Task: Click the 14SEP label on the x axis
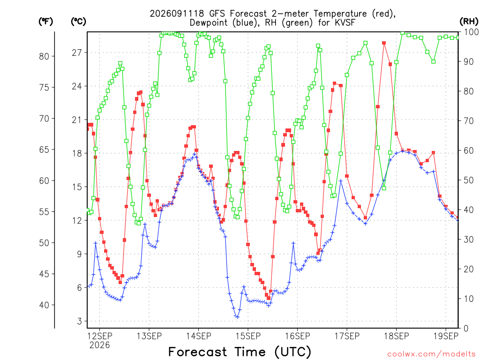pyautogui.click(x=198, y=336)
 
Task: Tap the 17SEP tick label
pyautogui.click(x=347, y=336)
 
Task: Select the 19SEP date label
pyautogui.click(x=446, y=336)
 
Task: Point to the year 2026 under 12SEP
pyautogui.click(x=99, y=345)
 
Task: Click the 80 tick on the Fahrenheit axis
pyautogui.click(x=44, y=56)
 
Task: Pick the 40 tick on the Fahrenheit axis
pyautogui.click(x=44, y=305)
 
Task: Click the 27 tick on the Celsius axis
pyautogui.click(x=77, y=52)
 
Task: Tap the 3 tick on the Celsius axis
pyautogui.click(x=80, y=321)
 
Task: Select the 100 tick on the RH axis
pyautogui.click(x=471, y=32)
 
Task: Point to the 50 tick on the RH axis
pyautogui.click(x=468, y=180)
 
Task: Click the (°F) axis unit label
pyautogui.click(x=45, y=22)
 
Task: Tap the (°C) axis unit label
pyautogui.click(x=78, y=22)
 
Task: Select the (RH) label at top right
pyautogui.click(x=469, y=22)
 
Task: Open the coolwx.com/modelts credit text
pyautogui.click(x=431, y=354)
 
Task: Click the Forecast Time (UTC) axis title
pyautogui.click(x=240, y=352)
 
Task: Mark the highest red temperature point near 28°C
pyautogui.click(x=384, y=43)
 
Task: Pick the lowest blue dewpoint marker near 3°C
pyautogui.click(x=238, y=317)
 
